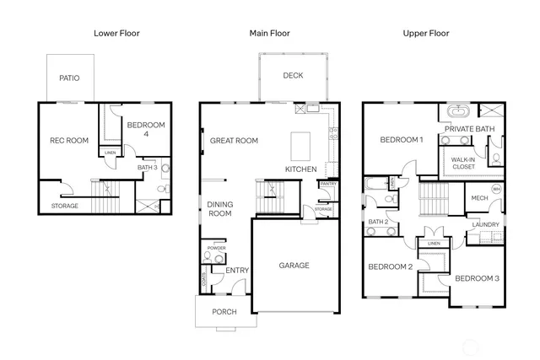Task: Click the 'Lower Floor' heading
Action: [116, 34]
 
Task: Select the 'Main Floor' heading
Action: [270, 34]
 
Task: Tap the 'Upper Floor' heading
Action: [427, 34]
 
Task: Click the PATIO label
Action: [69, 78]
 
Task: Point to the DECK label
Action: [293, 76]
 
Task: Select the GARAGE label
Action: [294, 266]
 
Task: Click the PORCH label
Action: [224, 312]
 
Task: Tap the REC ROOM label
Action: [69, 141]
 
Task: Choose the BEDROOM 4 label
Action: [145, 130]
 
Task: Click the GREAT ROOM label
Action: [234, 141]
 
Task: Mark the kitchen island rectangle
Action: [301, 147]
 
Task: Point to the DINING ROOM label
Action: [219, 208]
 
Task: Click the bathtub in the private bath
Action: [459, 111]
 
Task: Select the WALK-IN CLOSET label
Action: [462, 163]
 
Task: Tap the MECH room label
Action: [479, 198]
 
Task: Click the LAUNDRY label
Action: [485, 224]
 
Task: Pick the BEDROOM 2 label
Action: [390, 267]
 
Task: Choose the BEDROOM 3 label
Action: [478, 278]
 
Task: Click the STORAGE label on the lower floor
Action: [65, 206]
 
